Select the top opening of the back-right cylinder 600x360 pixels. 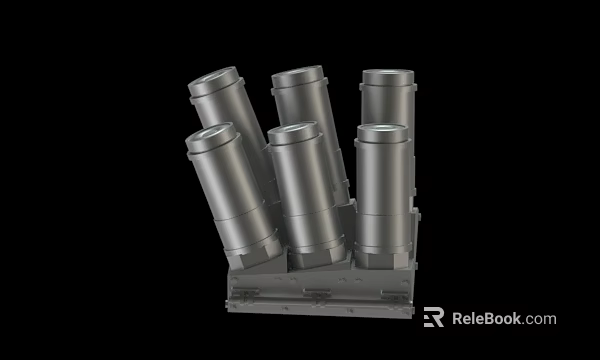pos(386,76)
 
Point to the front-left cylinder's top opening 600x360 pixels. pos(209,131)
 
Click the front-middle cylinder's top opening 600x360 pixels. pos(292,130)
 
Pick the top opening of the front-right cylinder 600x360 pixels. pos(381,130)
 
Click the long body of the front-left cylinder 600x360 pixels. pos(234,195)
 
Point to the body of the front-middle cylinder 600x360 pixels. pos(305,195)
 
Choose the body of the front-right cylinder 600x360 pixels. pos(383,195)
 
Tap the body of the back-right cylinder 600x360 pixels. pos(388,105)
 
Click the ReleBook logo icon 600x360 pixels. pos(433,318)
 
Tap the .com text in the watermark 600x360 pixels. pos(539,320)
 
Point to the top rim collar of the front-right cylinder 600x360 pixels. pos(382,140)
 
